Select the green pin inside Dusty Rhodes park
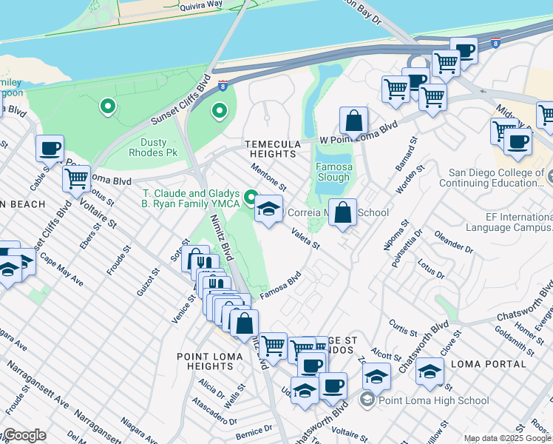[x=219, y=111]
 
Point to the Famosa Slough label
[x=333, y=172]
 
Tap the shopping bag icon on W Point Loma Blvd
[x=354, y=121]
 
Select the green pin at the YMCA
[x=251, y=198]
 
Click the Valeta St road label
[x=305, y=239]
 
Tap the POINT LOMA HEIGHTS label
[x=206, y=362]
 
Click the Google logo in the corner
[x=24, y=435]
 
